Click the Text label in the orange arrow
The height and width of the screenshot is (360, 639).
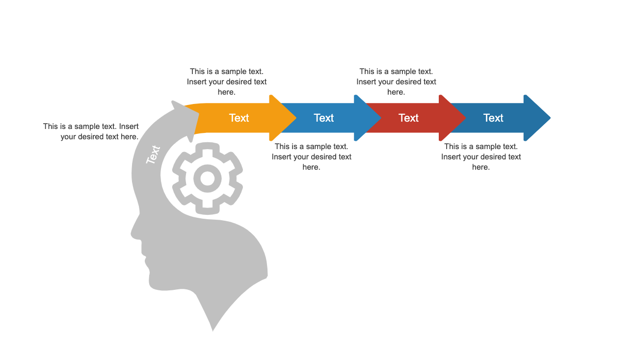[x=239, y=118]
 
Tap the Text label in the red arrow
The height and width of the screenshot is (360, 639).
[x=408, y=118]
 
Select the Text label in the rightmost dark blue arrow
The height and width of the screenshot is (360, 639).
[x=493, y=118]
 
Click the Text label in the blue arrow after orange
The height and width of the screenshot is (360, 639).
[x=324, y=118]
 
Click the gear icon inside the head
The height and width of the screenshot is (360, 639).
[x=208, y=178]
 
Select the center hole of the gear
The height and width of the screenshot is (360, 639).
[x=208, y=179]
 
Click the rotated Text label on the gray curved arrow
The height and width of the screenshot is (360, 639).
[x=153, y=154]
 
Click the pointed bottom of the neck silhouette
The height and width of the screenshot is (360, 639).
[x=213, y=330]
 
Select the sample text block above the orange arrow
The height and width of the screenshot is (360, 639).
[x=227, y=81]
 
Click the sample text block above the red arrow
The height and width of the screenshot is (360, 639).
[x=396, y=81]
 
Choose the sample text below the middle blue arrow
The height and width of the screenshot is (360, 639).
[x=312, y=156]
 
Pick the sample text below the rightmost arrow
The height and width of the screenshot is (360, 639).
[x=481, y=156]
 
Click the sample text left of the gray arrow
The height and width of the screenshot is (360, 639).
[x=91, y=131]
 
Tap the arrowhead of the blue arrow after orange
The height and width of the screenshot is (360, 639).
[x=368, y=118]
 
